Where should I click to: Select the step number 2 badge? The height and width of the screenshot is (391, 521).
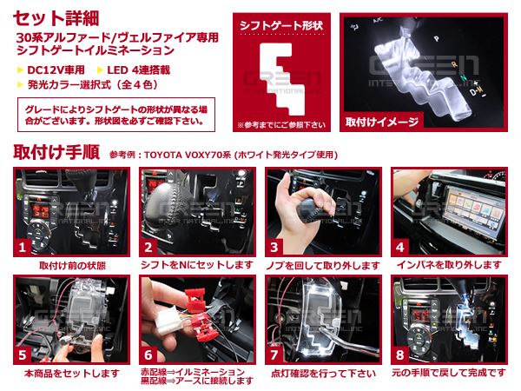tap(149, 247)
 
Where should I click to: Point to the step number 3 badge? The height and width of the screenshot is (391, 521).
tap(274, 247)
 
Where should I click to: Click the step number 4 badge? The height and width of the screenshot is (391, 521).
tap(400, 247)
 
